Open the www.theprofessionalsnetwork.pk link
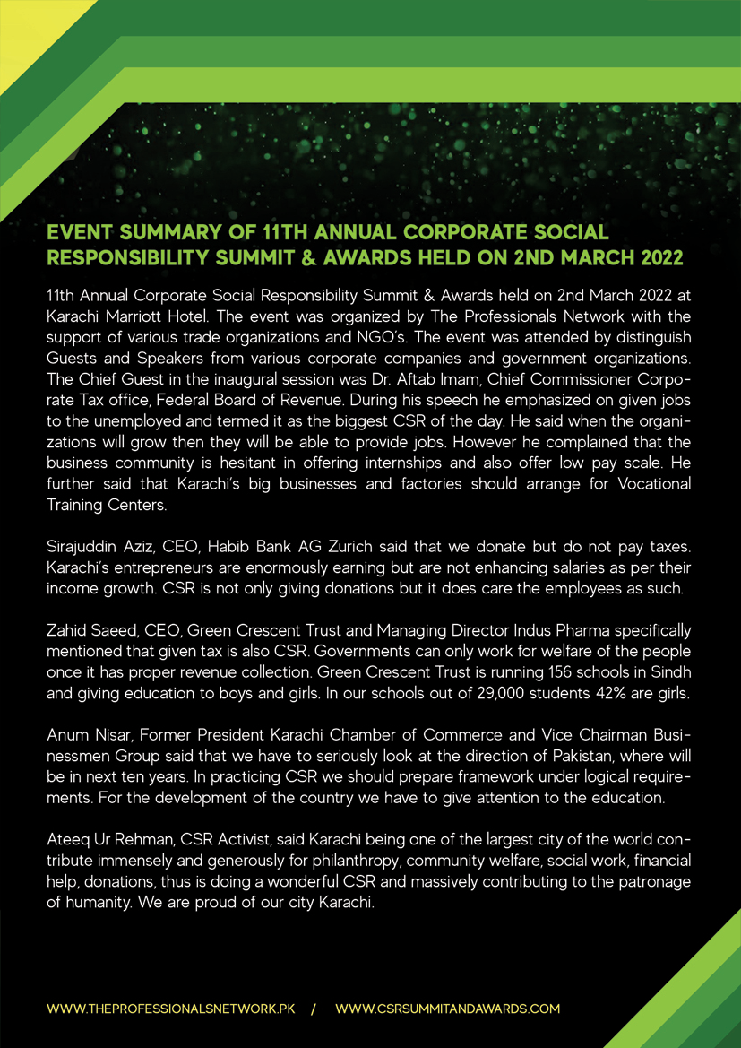coord(171,1009)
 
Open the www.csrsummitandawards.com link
coord(447,1009)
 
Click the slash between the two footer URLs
coord(314,1009)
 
